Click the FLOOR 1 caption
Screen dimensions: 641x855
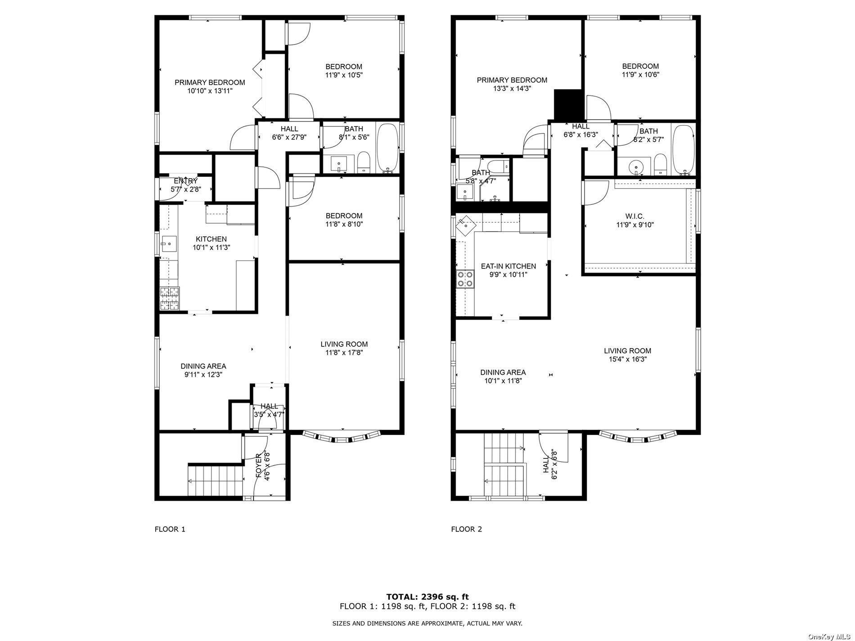[170, 529]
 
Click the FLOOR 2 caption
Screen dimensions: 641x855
[466, 529]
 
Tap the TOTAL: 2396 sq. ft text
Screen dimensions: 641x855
[427, 597]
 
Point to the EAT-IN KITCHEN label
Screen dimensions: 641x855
[508, 266]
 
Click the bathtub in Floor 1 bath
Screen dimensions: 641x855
[387, 148]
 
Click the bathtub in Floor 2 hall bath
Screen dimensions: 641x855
[684, 150]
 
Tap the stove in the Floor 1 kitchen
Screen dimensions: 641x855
[170, 299]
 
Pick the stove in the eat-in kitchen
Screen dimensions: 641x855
[465, 278]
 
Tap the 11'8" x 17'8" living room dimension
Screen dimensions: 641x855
[344, 353]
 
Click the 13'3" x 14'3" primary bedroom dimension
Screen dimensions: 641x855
[512, 89]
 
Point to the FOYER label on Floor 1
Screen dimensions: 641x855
[259, 466]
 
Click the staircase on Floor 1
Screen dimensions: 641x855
[215, 480]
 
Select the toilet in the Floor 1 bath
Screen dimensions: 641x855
[363, 162]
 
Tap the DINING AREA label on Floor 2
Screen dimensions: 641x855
[503, 372]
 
